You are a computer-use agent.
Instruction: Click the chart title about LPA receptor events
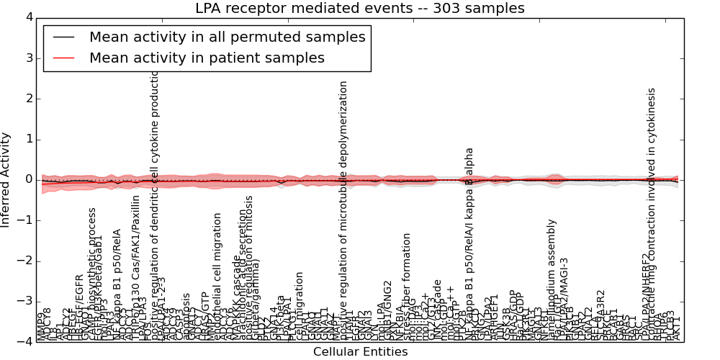(x=360, y=9)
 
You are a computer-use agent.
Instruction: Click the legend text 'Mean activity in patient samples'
(x=207, y=58)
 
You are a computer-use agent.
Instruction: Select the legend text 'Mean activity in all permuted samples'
(x=227, y=37)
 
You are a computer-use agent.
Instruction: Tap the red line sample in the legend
(x=63, y=58)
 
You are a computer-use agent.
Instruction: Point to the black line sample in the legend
(x=63, y=37)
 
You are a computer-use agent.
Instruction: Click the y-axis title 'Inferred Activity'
(x=6, y=180)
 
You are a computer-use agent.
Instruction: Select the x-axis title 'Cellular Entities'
(x=360, y=352)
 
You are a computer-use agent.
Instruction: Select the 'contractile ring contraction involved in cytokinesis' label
(x=652, y=214)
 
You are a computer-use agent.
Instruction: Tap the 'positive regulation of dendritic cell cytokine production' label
(x=154, y=205)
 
